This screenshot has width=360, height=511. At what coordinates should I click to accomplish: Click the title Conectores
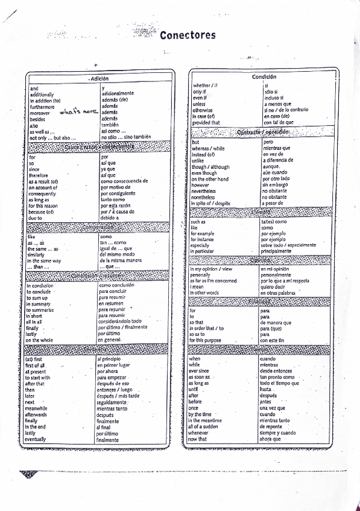coord(188,36)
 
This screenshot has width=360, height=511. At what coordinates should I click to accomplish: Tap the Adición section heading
coord(99,79)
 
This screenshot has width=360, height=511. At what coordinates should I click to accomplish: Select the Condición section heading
coord(264,77)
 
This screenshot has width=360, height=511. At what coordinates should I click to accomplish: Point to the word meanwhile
coord(39,408)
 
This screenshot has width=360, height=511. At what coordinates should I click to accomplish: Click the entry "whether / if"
coord(205,86)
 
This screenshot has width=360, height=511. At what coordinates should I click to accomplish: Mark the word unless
coord(199,104)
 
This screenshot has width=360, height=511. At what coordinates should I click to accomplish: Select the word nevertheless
coord(207,191)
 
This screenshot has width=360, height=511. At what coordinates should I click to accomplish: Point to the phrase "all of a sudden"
coord(205,426)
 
